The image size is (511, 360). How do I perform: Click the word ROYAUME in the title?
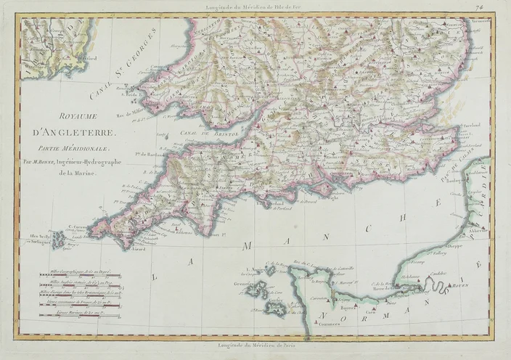[x=70, y=115]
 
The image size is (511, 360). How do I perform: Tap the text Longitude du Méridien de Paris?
[x=255, y=348]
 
